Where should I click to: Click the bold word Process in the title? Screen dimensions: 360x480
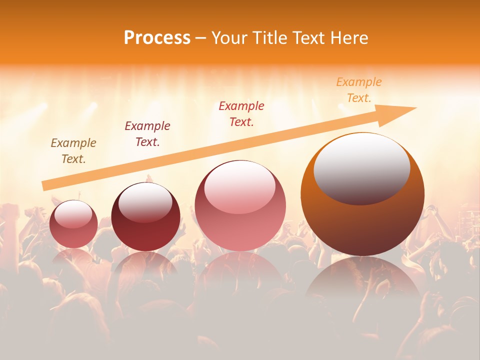tap(157, 38)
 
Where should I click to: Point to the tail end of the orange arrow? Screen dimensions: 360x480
tap(44, 186)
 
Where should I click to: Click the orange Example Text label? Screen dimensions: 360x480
tap(358, 90)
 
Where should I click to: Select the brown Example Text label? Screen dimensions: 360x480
tap(73, 151)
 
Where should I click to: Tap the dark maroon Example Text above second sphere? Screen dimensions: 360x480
tap(147, 134)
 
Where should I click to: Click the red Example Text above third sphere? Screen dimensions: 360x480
tap(241, 113)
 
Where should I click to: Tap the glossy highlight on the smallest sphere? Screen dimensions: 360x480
tap(73, 214)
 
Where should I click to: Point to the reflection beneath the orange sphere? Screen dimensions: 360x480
tap(362, 280)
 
